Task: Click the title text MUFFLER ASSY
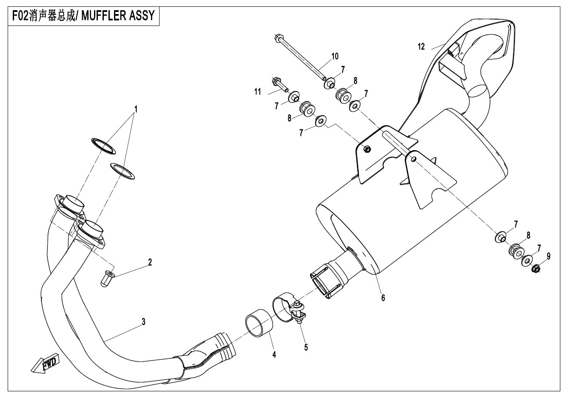pyautogui.click(x=118, y=16)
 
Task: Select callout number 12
pyautogui.click(x=421, y=47)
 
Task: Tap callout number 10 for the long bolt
pyautogui.click(x=335, y=56)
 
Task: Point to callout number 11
pyautogui.click(x=258, y=92)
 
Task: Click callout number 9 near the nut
pyautogui.click(x=548, y=256)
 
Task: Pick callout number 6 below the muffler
pyautogui.click(x=383, y=298)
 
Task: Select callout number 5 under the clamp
pyautogui.click(x=306, y=348)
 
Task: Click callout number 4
pyautogui.click(x=274, y=355)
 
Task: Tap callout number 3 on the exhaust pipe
pyautogui.click(x=143, y=322)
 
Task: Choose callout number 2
pyautogui.click(x=150, y=262)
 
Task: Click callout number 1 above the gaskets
pyautogui.click(x=136, y=109)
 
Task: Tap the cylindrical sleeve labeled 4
pyautogui.click(x=259, y=323)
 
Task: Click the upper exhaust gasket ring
pyautogui.click(x=103, y=146)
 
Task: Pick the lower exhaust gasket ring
pyautogui.click(x=123, y=171)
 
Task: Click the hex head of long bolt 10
pyautogui.click(x=278, y=38)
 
